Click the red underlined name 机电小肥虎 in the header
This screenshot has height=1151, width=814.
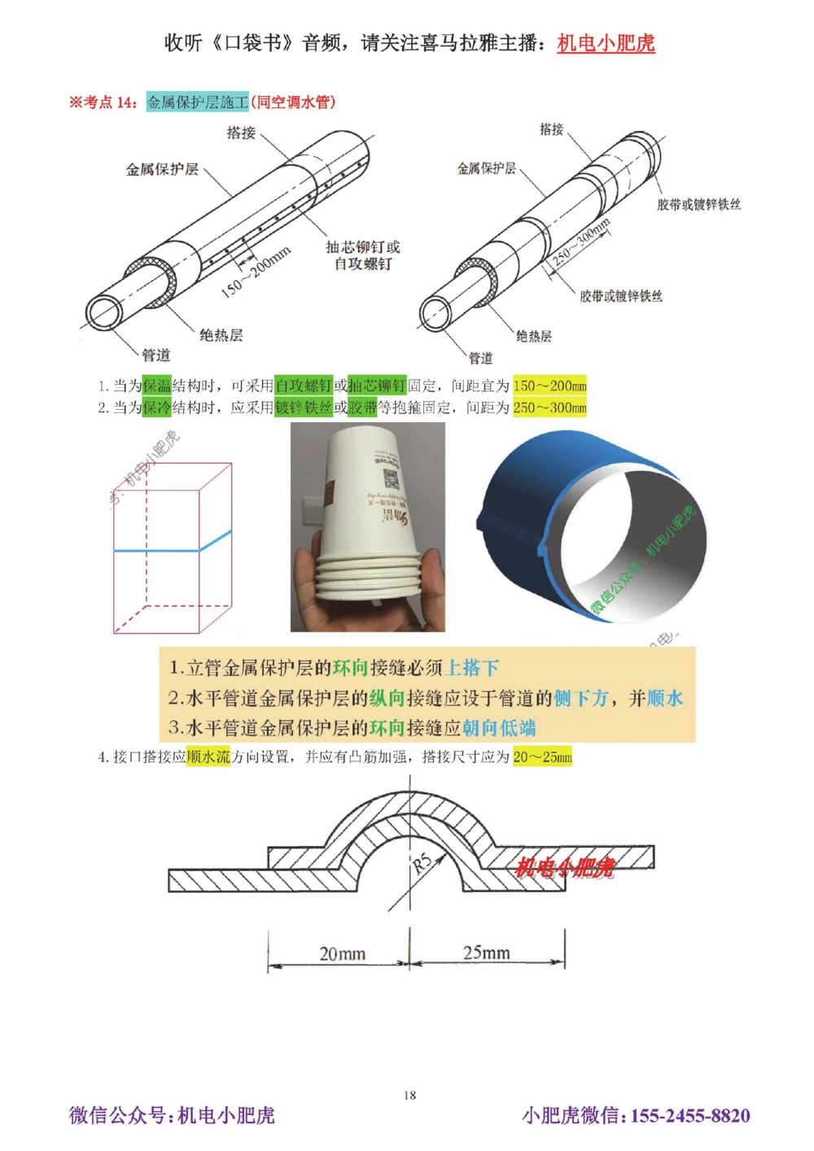pyautogui.click(x=606, y=43)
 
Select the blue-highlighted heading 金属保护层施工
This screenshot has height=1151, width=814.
pyautogui.click(x=197, y=102)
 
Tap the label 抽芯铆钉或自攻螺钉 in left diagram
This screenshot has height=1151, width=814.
pyautogui.click(x=363, y=255)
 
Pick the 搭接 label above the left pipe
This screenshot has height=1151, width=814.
pyautogui.click(x=241, y=133)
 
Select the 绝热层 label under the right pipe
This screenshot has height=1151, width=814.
pyautogui.click(x=534, y=336)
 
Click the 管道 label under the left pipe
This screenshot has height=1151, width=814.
pyautogui.click(x=156, y=355)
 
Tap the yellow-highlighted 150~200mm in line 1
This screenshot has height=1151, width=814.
pyautogui.click(x=549, y=386)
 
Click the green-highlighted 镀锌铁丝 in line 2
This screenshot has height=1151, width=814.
pyautogui.click(x=304, y=408)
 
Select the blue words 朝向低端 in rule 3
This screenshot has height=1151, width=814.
pyautogui.click(x=499, y=727)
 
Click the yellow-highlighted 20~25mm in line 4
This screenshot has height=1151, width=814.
pyautogui.click(x=542, y=757)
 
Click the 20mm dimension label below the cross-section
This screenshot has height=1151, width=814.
pyautogui.click(x=342, y=953)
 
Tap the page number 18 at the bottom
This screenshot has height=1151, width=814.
pyautogui.click(x=409, y=1095)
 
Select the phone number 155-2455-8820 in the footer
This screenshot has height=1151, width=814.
pyautogui.click(x=689, y=1115)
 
